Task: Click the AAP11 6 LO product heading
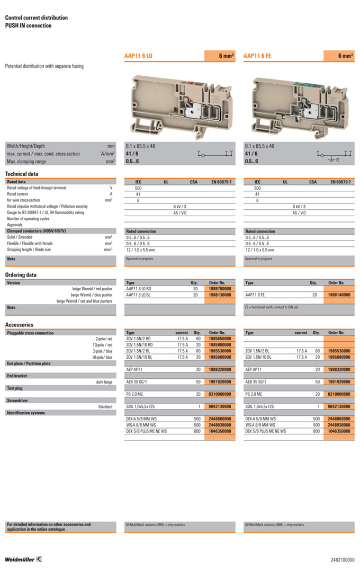click(x=139, y=56)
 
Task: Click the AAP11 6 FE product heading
click(x=258, y=56)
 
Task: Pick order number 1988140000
click(x=339, y=295)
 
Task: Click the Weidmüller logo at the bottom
click(x=24, y=560)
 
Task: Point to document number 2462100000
click(x=343, y=560)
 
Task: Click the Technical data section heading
click(x=21, y=174)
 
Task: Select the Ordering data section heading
click(x=21, y=275)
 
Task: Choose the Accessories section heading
click(x=19, y=325)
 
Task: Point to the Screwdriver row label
click(x=18, y=401)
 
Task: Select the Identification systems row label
click(x=25, y=412)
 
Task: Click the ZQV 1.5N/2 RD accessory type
click(x=138, y=339)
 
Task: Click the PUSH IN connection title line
click(x=29, y=25)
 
